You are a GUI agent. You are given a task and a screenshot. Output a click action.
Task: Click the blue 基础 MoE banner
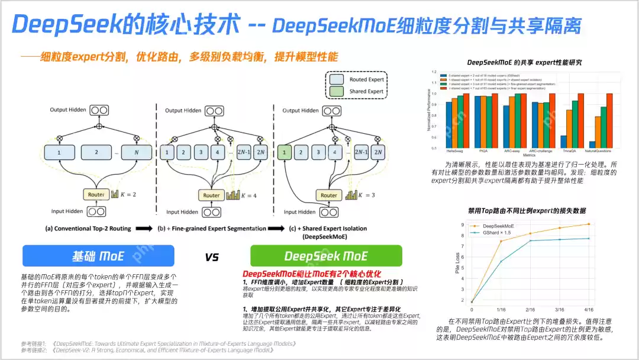(x=98, y=256)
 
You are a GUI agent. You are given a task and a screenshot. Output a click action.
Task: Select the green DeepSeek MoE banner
(x=326, y=256)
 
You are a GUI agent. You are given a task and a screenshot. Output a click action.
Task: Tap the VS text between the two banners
(x=212, y=257)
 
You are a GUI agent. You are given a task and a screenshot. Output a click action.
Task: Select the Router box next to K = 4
(x=211, y=195)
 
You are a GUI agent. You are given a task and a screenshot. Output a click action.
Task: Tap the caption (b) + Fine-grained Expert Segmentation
(x=202, y=228)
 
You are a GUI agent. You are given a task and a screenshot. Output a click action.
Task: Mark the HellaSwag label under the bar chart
(x=454, y=151)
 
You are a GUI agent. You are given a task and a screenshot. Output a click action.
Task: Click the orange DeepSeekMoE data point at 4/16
(x=588, y=224)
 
